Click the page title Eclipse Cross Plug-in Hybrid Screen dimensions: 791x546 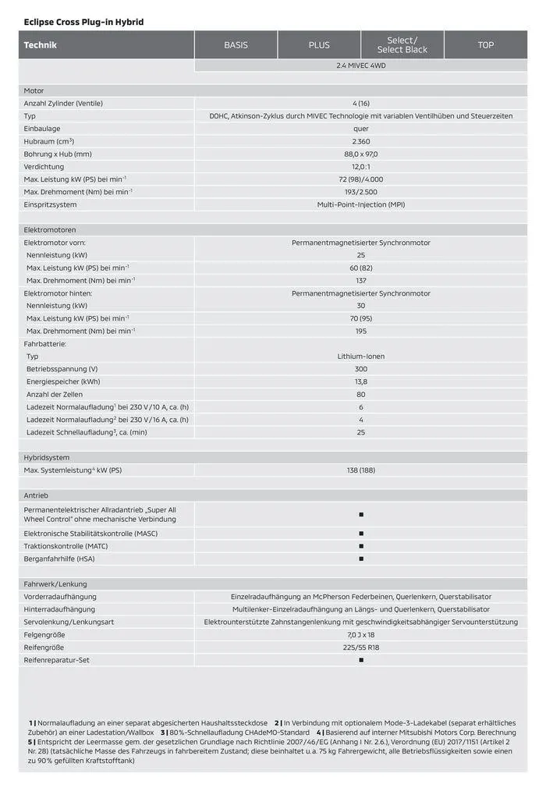83,22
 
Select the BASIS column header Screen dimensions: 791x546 236,45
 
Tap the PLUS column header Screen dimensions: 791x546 319,45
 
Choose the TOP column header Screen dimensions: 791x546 486,45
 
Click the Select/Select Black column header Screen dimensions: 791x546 402,45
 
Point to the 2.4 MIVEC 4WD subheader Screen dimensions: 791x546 360,66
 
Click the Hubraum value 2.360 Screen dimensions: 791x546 360,141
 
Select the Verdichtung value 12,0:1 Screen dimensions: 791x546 360,166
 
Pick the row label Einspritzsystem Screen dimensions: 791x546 51,204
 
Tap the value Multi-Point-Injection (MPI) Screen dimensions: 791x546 360,204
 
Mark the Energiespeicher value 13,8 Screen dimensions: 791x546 360,381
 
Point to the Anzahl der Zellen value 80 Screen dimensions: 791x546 360,394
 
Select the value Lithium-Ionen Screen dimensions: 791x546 360,356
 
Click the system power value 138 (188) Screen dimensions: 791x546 360,470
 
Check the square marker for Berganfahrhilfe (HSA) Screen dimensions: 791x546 361,559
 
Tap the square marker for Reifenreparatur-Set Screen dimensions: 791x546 361,660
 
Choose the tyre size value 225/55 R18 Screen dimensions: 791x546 360,647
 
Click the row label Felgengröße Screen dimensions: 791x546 45,635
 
